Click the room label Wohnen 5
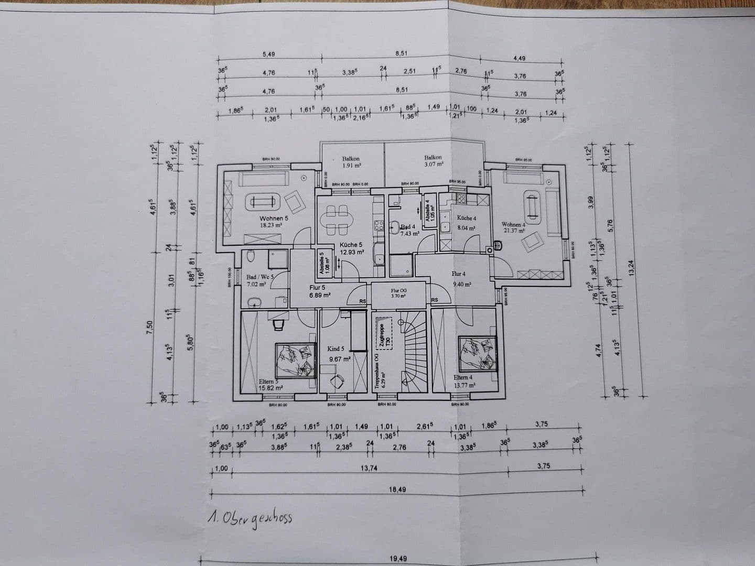(274, 219)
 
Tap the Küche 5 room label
(351, 245)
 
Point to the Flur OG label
(398, 290)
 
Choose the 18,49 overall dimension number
(398, 489)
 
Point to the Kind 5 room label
(336, 349)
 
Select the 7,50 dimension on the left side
(150, 326)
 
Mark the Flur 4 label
(458, 274)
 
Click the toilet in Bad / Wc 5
(251, 257)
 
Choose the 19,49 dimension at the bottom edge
(398, 559)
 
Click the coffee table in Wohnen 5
(262, 201)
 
